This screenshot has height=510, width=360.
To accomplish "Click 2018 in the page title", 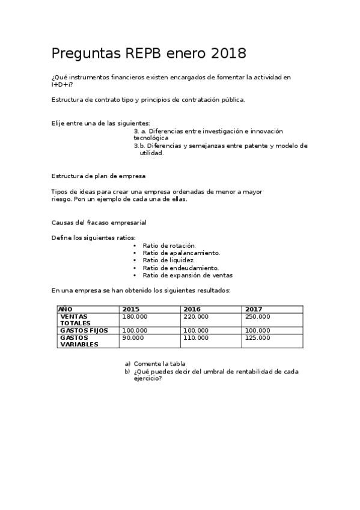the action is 229,54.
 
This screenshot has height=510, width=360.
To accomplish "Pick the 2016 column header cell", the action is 192,309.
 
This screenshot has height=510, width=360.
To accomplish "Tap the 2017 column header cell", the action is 254,309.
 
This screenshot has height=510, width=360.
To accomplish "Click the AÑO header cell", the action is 66,309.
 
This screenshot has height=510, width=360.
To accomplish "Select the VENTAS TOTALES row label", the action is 75,319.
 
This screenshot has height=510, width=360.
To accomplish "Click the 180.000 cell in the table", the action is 135,316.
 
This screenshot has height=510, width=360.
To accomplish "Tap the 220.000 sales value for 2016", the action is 196,316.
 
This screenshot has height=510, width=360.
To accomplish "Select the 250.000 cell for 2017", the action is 258,316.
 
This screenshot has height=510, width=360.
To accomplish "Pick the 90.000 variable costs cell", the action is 133,338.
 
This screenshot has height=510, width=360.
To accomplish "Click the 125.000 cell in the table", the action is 258,338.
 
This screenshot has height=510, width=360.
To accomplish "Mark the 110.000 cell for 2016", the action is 196,338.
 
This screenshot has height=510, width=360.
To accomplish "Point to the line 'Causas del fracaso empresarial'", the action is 99,223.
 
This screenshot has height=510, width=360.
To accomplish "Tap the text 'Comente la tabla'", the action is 159,364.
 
